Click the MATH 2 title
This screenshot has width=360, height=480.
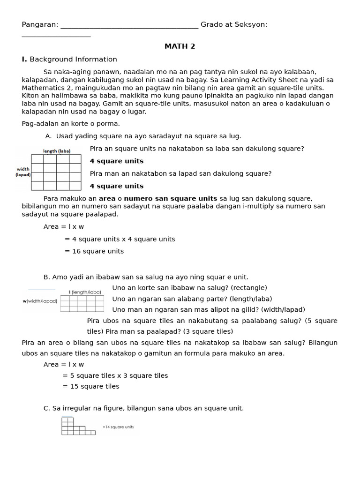pyautogui.click(x=180, y=46)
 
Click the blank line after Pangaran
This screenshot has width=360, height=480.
pyautogui.click(x=129, y=25)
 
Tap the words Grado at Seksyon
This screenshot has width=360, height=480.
pyautogui.click(x=234, y=24)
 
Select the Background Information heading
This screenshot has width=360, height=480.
pyautogui.click(x=73, y=59)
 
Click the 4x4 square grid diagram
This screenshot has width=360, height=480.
pyautogui.click(x=56, y=172)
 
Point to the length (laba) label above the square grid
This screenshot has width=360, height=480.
pyautogui.click(x=57, y=151)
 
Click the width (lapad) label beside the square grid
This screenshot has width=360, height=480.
pyautogui.click(x=23, y=172)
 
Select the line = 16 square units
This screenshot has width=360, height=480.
pyautogui.click(x=94, y=251)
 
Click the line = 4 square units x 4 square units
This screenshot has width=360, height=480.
pyautogui.click(x=120, y=239)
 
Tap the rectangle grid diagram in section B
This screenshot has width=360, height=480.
pyautogui.click(x=82, y=303)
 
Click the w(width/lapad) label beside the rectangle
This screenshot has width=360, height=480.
pyautogui.click(x=40, y=301)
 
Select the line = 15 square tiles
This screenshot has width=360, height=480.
pyautogui.click(x=91, y=386)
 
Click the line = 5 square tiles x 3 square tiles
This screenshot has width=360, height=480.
pyautogui.click(x=115, y=375)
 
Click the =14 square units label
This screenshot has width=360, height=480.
pyautogui.click(x=118, y=427)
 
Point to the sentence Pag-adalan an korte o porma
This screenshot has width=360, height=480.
pyautogui.click(x=71, y=124)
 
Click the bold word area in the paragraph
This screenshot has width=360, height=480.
pyautogui.click(x=107, y=198)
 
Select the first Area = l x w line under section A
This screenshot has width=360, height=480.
pyautogui.click(x=64, y=227)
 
